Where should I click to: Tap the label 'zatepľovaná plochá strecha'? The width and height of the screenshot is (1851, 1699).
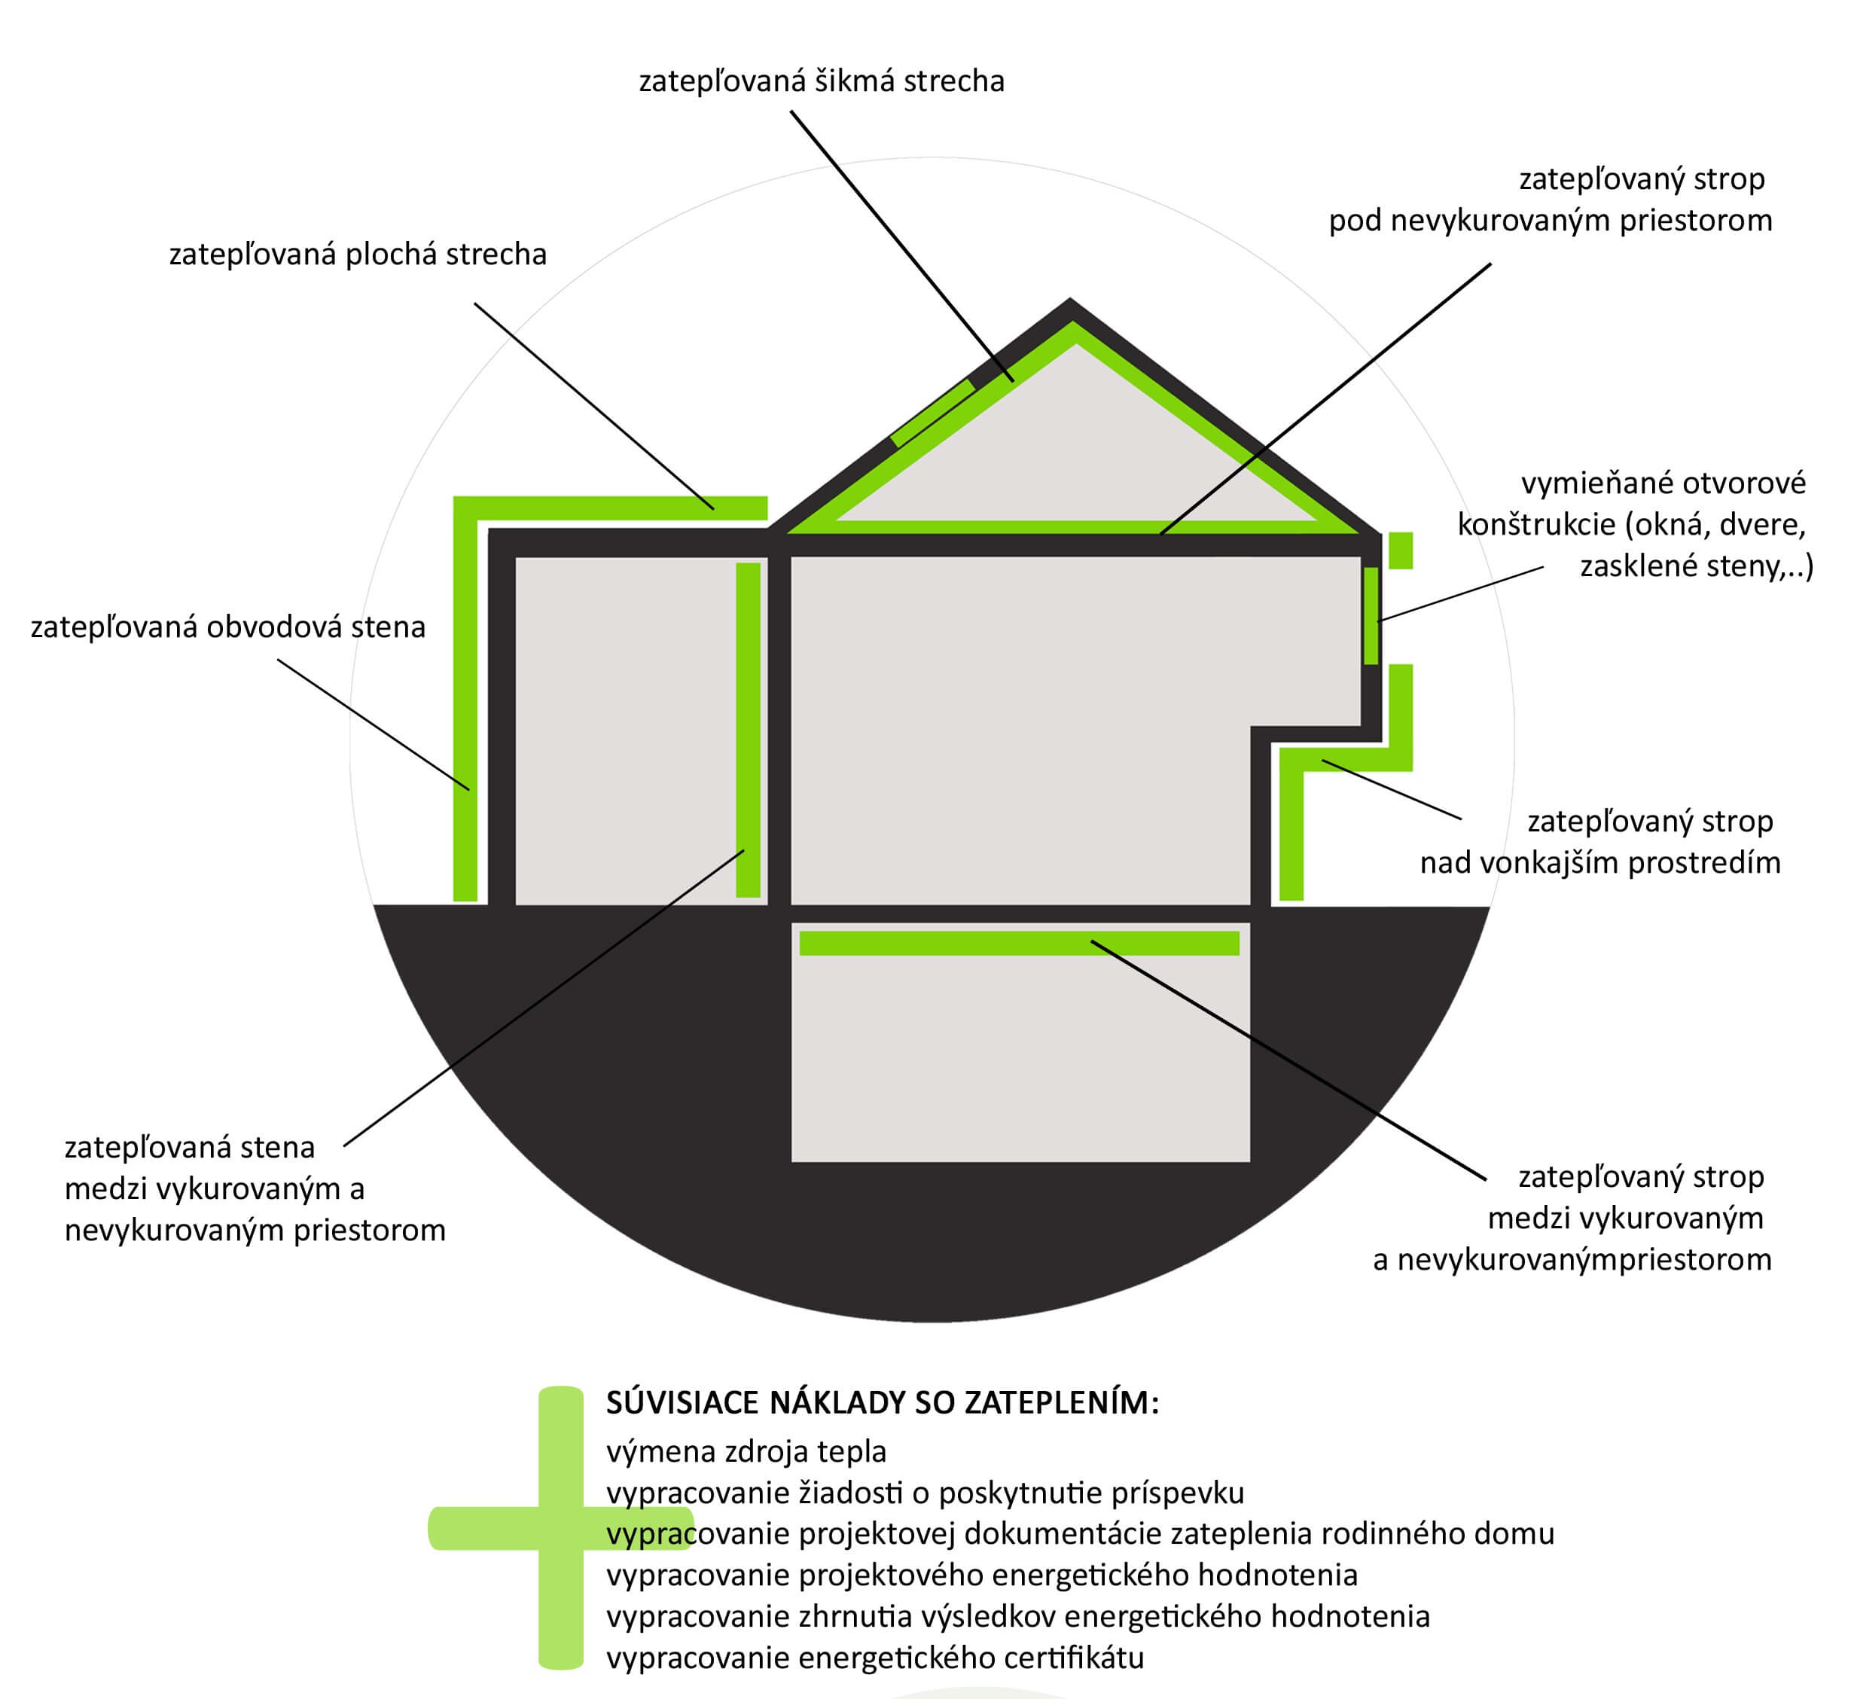pyautogui.click(x=358, y=255)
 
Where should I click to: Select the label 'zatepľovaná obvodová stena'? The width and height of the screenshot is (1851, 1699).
pyautogui.click(x=228, y=628)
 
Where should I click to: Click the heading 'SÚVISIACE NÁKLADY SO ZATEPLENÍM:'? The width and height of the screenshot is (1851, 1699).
pyautogui.click(x=883, y=1403)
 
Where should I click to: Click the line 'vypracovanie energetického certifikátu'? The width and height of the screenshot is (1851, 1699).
pyautogui.click(x=875, y=1658)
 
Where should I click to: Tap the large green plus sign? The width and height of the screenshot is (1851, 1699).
pyautogui.click(x=560, y=1528)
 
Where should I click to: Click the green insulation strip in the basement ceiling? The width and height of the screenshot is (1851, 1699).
pyautogui.click(x=1018, y=944)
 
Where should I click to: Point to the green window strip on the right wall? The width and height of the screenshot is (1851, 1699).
pyautogui.click(x=1371, y=615)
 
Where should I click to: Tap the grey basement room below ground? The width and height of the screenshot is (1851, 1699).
pyautogui.click(x=1020, y=1057)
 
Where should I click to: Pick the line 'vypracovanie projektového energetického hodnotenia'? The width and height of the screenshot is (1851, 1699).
pyautogui.click(x=981, y=1575)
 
